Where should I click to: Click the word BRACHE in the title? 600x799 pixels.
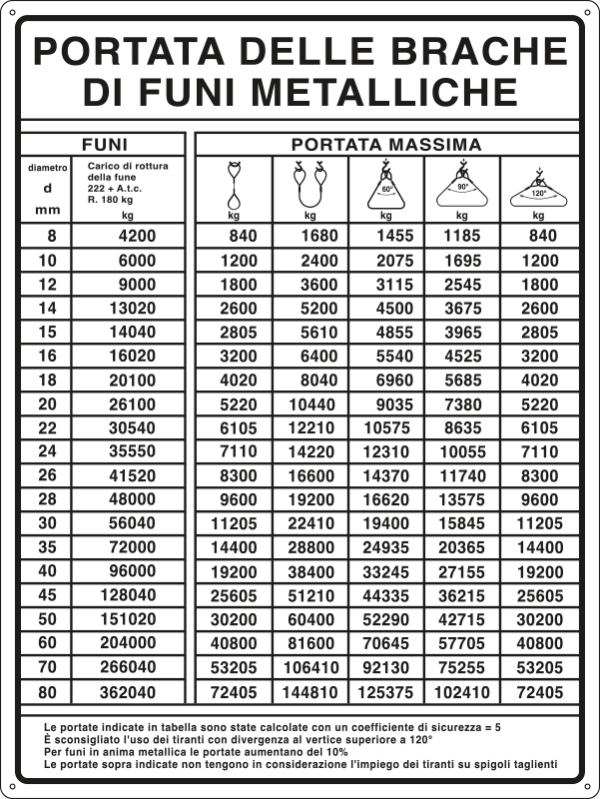click(x=483, y=49)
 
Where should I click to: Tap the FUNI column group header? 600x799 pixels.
click(x=103, y=145)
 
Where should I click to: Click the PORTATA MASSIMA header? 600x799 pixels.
click(x=386, y=145)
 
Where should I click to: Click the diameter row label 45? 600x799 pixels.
click(x=48, y=596)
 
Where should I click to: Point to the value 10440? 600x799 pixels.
click(x=310, y=404)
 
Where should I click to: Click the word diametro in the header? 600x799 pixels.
click(x=48, y=167)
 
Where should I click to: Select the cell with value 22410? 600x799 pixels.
click(x=310, y=524)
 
